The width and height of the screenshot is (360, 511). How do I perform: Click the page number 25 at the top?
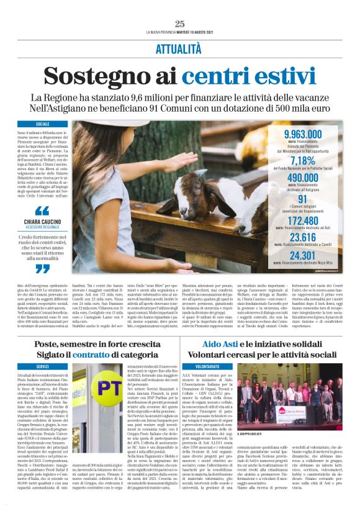[x=179, y=24]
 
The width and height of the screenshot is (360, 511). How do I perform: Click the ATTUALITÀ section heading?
[x=179, y=49]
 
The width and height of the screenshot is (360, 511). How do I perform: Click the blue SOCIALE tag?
[x=43, y=124]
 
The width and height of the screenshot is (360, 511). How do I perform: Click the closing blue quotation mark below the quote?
[x=42, y=269]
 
